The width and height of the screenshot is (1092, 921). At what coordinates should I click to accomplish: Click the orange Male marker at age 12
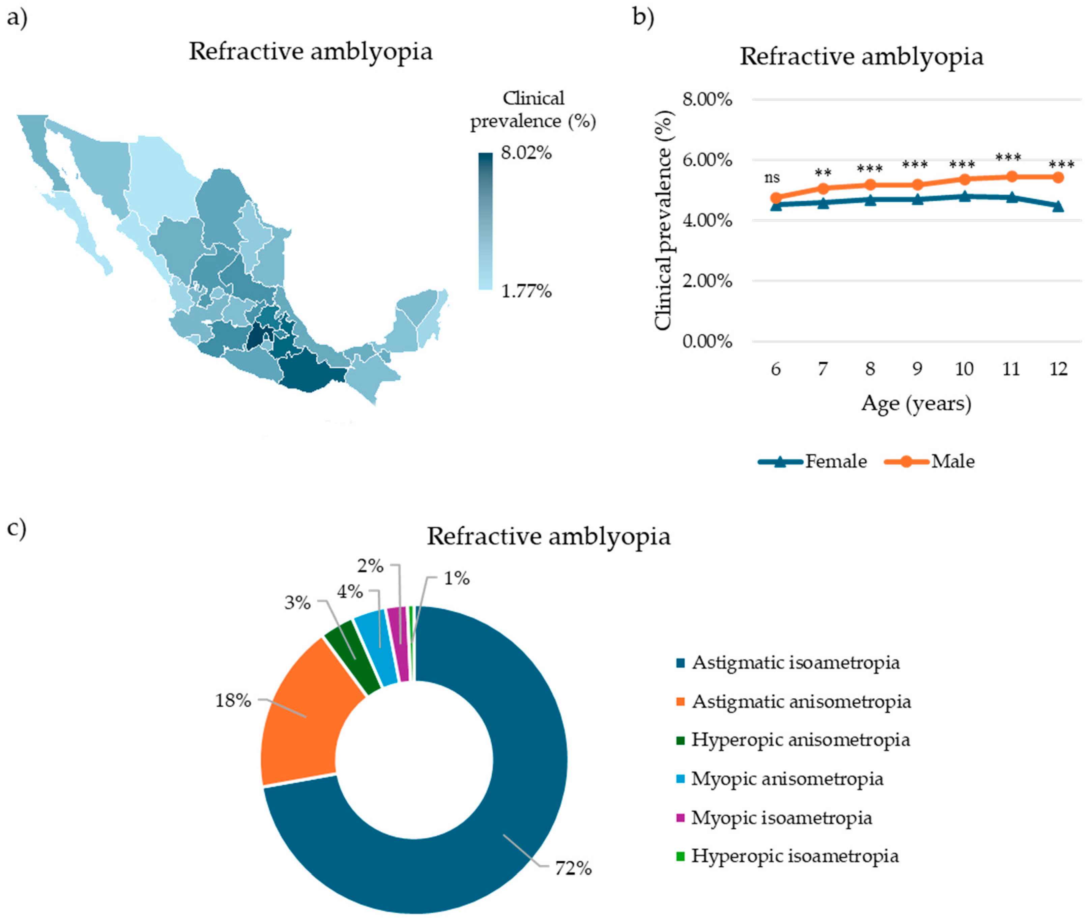[1058, 177]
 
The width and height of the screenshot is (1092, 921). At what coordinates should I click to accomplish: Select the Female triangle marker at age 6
[776, 205]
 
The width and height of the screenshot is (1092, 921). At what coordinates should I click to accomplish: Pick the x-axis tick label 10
[964, 369]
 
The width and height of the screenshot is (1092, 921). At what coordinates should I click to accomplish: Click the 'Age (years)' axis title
[916, 403]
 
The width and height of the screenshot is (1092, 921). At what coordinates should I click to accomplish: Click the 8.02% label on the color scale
[526, 153]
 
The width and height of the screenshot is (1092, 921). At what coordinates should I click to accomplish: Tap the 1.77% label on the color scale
[526, 291]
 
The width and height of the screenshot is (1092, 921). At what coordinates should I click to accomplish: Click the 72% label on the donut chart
[573, 869]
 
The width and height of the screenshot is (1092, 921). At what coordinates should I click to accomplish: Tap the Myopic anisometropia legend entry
[787, 779]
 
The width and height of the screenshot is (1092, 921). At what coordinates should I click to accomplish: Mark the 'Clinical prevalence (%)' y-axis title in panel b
[663, 220]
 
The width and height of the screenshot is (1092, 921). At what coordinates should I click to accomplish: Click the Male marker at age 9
[917, 184]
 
